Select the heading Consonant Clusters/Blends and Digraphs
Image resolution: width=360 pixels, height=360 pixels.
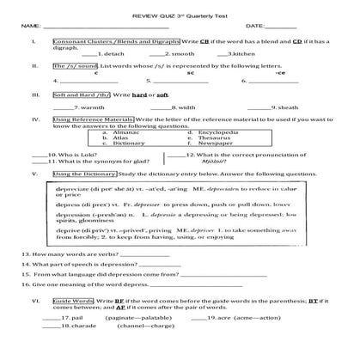116,42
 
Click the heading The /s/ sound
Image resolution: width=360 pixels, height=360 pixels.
75,65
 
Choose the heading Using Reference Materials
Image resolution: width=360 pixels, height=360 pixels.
101,119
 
